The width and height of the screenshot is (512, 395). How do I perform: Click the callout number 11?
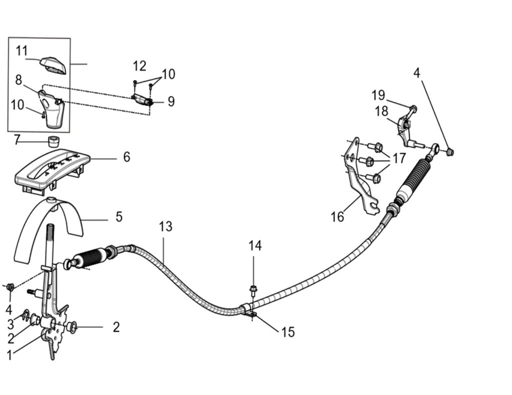(21, 51)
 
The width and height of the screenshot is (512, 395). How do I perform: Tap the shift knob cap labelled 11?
(53, 64)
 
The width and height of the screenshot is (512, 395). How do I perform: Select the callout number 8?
(18, 79)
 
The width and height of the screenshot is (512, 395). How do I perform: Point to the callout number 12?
(139, 66)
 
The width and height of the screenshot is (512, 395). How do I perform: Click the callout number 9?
(171, 102)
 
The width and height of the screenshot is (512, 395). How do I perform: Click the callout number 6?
(126, 157)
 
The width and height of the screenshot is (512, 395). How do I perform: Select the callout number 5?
(118, 217)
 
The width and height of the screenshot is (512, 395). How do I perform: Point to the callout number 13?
(165, 227)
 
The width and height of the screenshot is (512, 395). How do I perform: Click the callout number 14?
(255, 246)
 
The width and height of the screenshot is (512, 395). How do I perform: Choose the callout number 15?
(288, 332)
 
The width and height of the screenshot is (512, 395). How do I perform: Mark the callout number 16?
(337, 217)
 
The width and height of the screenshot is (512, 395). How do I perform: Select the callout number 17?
(399, 159)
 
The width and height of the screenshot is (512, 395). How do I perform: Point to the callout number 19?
(378, 94)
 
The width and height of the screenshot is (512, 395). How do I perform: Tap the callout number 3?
(10, 324)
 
